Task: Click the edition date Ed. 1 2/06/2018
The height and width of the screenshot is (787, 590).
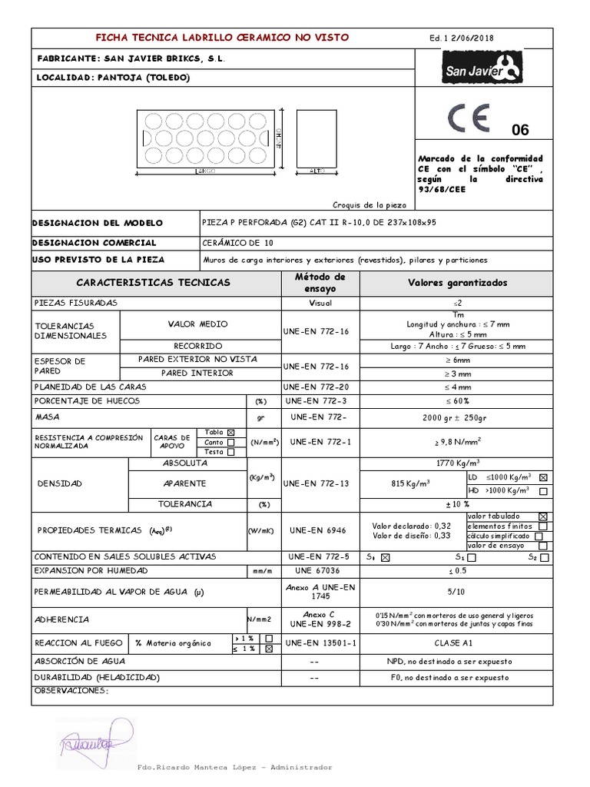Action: (x=461, y=37)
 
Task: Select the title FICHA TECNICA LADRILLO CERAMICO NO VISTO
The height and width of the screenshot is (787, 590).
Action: (x=221, y=37)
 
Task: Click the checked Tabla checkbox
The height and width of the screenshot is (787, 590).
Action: (x=231, y=432)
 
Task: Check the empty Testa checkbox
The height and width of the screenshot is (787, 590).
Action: (x=231, y=452)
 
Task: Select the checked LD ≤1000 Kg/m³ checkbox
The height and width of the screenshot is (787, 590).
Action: (x=544, y=477)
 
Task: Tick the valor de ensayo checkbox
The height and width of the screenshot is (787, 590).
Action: (x=544, y=546)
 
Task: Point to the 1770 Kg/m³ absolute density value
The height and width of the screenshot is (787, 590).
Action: (x=459, y=463)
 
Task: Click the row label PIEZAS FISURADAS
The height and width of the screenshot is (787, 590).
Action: (x=75, y=303)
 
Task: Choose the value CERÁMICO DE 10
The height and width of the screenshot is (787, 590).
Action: (x=231, y=242)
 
